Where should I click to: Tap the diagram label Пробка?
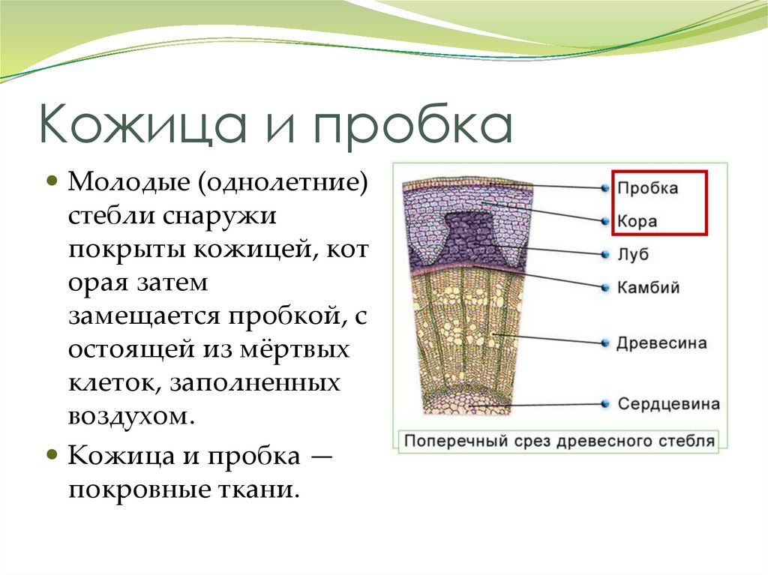[x=648, y=188]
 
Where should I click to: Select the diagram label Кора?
[x=637, y=222]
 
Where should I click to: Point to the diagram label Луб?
[x=633, y=255]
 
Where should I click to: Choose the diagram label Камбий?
[x=648, y=287]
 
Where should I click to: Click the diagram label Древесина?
[x=661, y=343]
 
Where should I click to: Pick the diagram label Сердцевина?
[x=668, y=404]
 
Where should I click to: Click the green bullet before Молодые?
[x=52, y=181]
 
